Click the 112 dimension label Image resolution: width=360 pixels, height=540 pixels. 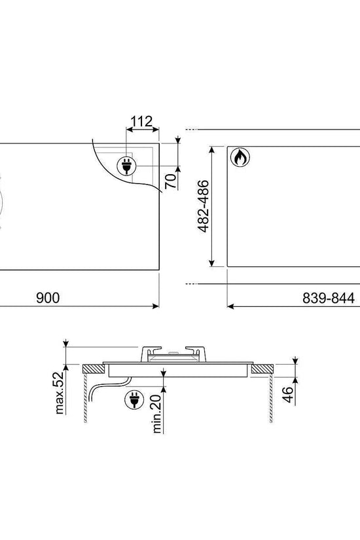[141, 121]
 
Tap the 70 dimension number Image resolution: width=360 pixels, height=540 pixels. [171, 181]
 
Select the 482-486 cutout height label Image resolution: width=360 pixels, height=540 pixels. [204, 206]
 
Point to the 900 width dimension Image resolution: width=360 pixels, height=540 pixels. [48, 298]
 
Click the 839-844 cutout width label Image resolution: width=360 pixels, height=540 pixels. [329, 298]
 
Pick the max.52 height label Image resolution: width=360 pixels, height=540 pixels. [60, 392]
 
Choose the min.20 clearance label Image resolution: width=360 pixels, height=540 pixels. [156, 413]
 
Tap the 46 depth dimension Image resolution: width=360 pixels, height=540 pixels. [287, 394]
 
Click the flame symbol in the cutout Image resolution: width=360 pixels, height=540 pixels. [240, 157]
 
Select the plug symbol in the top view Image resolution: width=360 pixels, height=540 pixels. [127, 166]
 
